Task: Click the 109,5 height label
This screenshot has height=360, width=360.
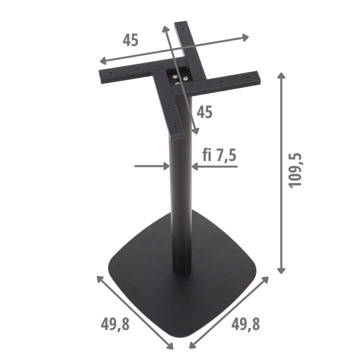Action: click(295, 170)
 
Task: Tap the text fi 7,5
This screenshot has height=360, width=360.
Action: click(219, 155)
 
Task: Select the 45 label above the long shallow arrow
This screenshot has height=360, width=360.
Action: click(130, 40)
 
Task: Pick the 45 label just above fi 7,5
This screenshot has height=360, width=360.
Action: click(204, 112)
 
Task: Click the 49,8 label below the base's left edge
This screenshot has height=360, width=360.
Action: click(115, 324)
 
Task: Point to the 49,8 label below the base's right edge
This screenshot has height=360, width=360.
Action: click(245, 324)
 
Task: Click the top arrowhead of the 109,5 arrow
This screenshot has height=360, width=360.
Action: click(281, 75)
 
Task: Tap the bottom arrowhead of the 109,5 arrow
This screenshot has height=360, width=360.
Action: click(281, 270)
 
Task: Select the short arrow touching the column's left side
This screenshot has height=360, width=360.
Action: click(152, 166)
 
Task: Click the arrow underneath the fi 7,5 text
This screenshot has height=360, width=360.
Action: click(214, 166)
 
